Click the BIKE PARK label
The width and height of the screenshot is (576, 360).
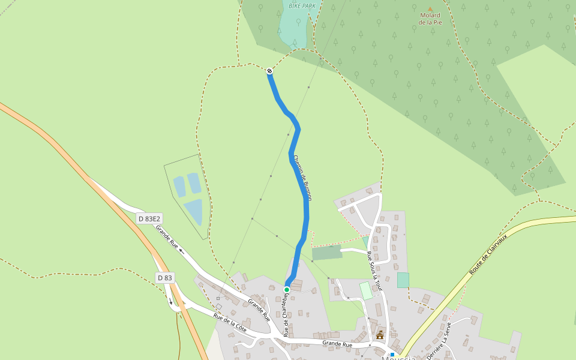click(x=302, y=6)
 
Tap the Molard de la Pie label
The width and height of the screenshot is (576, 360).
click(x=430, y=19)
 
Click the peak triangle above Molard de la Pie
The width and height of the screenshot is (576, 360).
click(x=430, y=8)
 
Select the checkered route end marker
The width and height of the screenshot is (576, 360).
click(x=270, y=71)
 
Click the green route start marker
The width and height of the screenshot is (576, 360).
click(x=287, y=290)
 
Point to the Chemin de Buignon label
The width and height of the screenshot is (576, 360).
click(x=302, y=178)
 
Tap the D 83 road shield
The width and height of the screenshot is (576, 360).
click(x=164, y=278)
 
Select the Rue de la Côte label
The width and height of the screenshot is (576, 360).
click(x=230, y=322)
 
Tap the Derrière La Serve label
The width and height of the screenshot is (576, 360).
click(x=439, y=341)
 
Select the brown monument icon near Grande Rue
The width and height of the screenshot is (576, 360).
click(x=380, y=335)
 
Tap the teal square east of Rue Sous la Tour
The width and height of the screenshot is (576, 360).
click(x=403, y=280)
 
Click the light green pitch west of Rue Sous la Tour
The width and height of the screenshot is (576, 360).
click(x=366, y=291)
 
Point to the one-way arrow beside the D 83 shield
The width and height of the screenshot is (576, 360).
click(x=170, y=301)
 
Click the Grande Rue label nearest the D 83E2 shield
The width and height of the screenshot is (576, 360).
click(x=167, y=236)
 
